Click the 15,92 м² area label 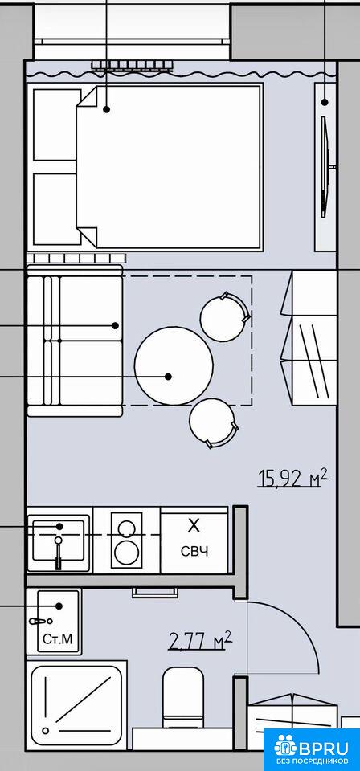pyautogui.click(x=293, y=477)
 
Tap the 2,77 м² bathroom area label pyautogui.click(x=200, y=640)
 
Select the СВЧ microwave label pyautogui.click(x=194, y=551)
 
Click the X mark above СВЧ pyautogui.click(x=194, y=526)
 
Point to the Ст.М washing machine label pyautogui.click(x=58, y=639)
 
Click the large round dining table pyautogui.click(x=174, y=365)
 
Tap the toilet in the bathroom pyautogui.click(x=183, y=697)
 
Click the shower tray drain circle pyautogui.click(x=47, y=731)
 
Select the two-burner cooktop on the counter pyautogui.click(x=126, y=540)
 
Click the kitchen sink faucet pyautogui.click(x=59, y=553)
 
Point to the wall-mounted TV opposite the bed pyautogui.click(x=325, y=166)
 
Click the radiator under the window pyautogui.click(x=133, y=65)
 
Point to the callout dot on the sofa pyautogui.click(x=116, y=325)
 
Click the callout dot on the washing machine pyautogui.click(x=59, y=606)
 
